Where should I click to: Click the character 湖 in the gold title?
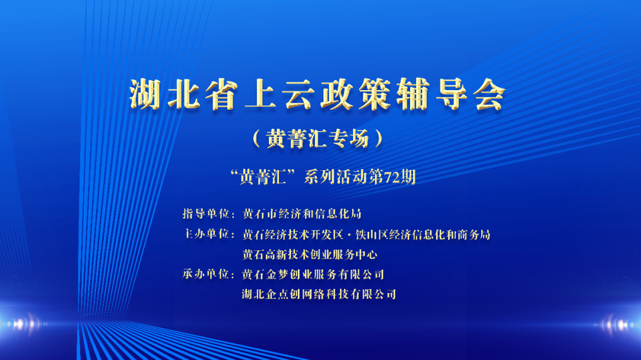pos(145,94)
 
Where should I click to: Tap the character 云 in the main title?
pos(298,94)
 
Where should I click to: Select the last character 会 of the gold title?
pos(490,94)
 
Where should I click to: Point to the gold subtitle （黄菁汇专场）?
pos(318,139)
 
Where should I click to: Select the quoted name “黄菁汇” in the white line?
pos(263,177)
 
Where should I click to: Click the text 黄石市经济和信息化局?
pos(302,214)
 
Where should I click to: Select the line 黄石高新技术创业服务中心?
pos(309,254)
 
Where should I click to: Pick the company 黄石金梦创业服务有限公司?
pos(313,274)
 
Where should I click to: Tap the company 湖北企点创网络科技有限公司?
pos(319,294)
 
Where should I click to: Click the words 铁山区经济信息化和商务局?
pos(423,234)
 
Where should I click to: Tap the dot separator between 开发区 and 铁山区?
pos(349,235)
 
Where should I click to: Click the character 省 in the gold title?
pos(221,94)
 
